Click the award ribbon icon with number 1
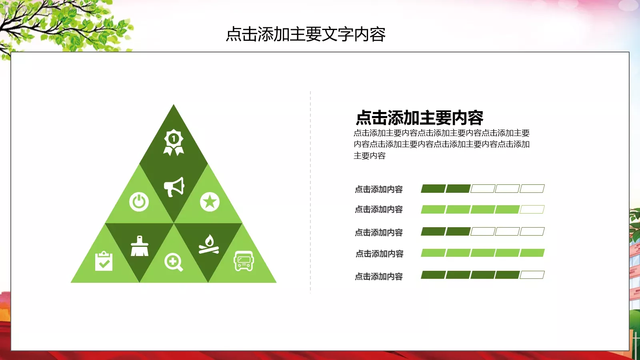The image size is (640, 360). (174, 142)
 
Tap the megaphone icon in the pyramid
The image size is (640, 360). (174, 187)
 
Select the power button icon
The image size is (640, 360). (139, 202)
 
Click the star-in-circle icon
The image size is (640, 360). (210, 202)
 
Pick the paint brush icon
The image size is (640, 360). (140, 246)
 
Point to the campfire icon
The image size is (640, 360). (209, 244)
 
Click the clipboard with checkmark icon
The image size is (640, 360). (104, 261)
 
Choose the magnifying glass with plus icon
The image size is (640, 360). (174, 262)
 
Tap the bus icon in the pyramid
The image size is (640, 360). (244, 261)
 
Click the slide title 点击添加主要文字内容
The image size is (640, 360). (306, 34)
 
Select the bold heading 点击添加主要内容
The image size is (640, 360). (420, 118)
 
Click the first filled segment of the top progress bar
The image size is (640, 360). (433, 188)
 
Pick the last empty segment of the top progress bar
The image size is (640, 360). (532, 188)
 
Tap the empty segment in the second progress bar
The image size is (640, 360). (532, 210)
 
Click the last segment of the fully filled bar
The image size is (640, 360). (532, 253)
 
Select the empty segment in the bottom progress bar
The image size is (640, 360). (532, 275)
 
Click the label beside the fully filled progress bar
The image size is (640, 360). (380, 254)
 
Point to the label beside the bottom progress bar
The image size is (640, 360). (379, 276)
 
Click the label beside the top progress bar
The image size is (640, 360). (379, 189)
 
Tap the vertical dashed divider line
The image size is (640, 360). (310, 192)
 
